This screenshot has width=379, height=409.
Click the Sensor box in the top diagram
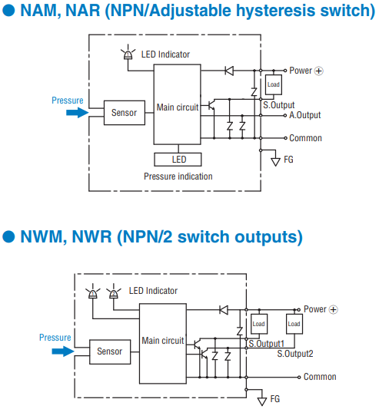tap(125, 113)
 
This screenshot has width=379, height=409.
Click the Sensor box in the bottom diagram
tap(110, 352)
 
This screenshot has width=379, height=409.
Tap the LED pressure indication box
tap(178, 160)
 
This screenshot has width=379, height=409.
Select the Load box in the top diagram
tap(274, 84)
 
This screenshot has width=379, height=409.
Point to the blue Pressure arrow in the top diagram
tap(78, 113)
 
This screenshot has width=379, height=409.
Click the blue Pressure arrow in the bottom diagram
tap(63, 351)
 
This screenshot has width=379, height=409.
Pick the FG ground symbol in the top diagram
tap(275, 162)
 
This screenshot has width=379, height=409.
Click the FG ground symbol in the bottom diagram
tap(262, 401)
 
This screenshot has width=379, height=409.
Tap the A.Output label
tap(304, 115)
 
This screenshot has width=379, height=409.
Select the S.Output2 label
tap(295, 354)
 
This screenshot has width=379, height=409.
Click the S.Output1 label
tap(266, 344)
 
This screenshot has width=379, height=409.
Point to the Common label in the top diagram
tap(305, 138)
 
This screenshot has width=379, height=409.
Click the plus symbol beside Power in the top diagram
tap(319, 71)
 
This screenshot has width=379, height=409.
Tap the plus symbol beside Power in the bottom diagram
tap(334, 309)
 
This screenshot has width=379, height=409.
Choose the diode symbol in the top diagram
tap(229, 71)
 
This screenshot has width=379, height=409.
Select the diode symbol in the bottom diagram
tap(224, 310)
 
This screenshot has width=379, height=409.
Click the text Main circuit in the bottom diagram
tap(163, 341)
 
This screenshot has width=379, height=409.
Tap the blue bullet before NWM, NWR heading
tap(8, 237)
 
